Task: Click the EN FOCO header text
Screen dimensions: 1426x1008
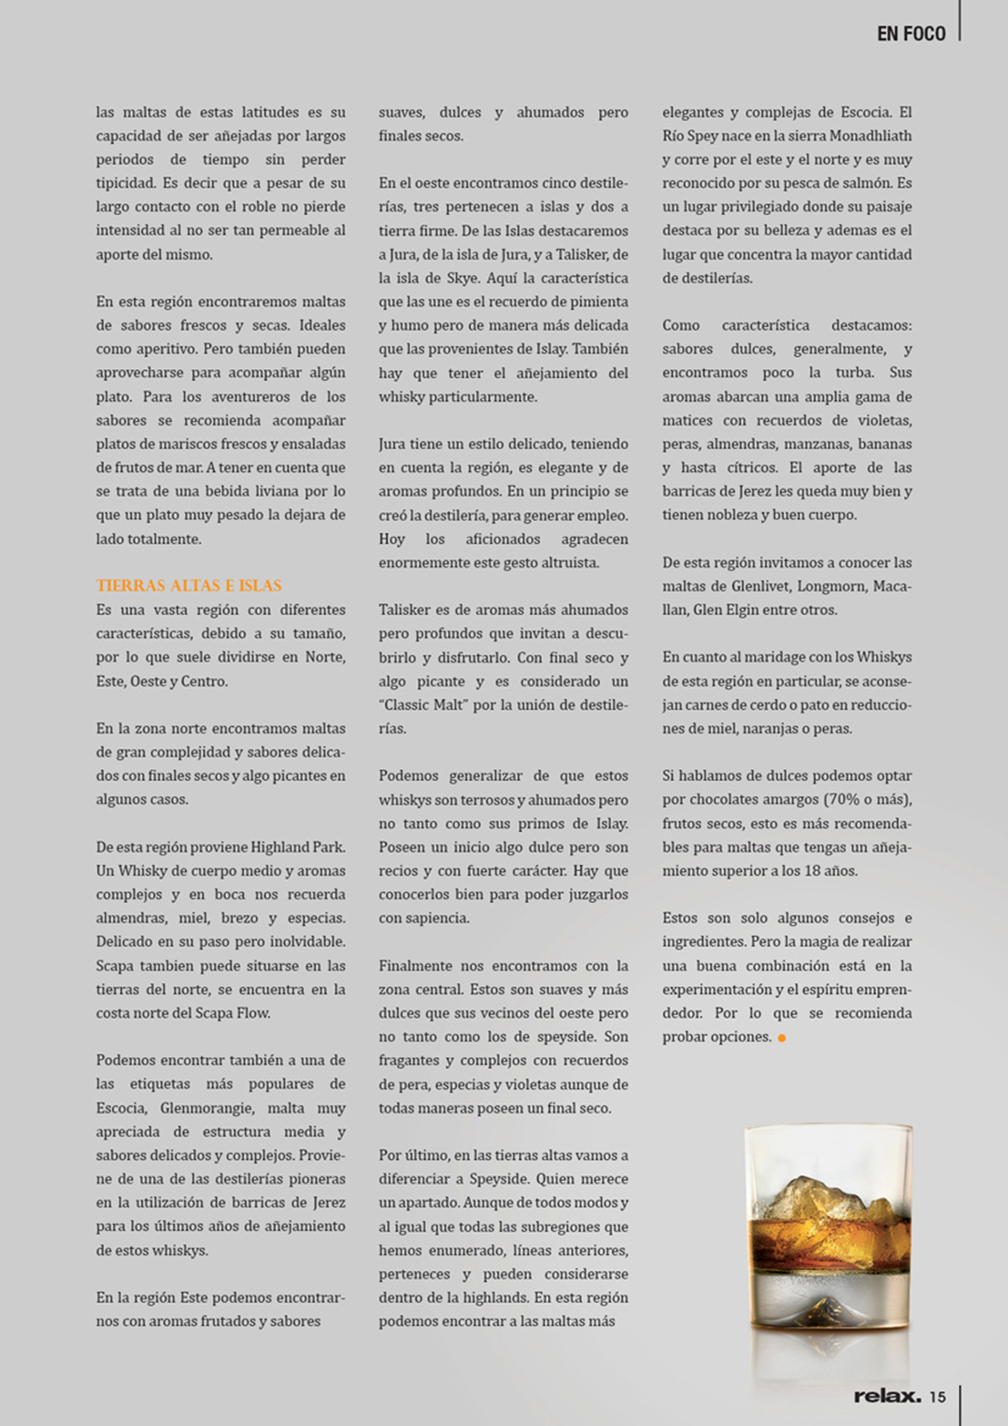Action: (x=911, y=34)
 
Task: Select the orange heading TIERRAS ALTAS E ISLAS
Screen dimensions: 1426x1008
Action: (x=188, y=586)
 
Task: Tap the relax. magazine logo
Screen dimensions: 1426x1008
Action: (x=887, y=1396)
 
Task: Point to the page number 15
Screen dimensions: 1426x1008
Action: (x=938, y=1397)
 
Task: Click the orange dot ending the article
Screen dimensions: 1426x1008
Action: (x=781, y=1038)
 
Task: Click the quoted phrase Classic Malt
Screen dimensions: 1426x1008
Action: (x=424, y=704)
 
